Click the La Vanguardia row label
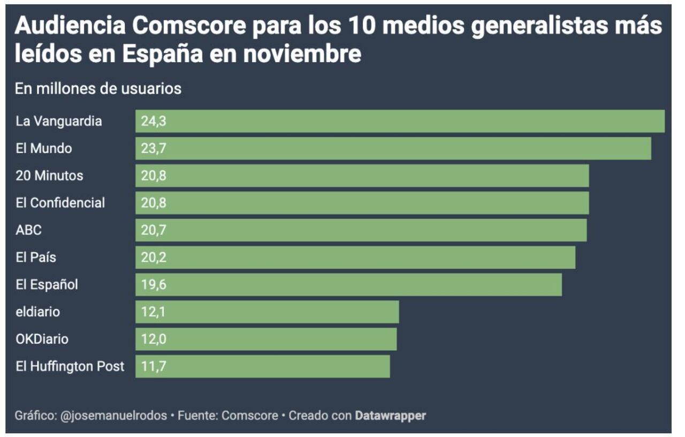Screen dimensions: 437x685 point(59,121)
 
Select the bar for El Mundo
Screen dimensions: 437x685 point(393,148)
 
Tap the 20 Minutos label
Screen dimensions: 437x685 point(49,176)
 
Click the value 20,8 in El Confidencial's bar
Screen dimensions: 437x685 point(154,203)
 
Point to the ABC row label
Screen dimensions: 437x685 point(29,230)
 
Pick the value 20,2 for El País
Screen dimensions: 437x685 point(154,258)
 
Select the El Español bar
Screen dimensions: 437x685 point(348,284)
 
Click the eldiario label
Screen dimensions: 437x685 point(38,312)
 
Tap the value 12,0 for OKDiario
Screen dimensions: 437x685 point(154,339)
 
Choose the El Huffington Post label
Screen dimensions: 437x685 point(70,366)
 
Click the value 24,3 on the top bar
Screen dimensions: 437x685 point(154,121)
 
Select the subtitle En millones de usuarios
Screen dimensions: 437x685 point(98,88)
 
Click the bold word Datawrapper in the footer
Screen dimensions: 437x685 point(390,416)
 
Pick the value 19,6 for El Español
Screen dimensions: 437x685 point(154,284)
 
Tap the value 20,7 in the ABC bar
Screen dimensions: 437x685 point(154,230)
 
